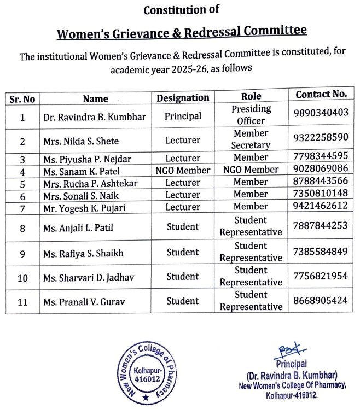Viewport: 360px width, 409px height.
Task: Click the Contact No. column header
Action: click(321, 94)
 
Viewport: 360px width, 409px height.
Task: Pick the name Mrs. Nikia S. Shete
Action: click(80, 141)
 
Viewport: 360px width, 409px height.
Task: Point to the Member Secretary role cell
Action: click(251, 139)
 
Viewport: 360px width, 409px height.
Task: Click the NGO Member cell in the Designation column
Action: click(183, 171)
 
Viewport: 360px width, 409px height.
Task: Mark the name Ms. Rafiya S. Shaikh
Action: click(83, 253)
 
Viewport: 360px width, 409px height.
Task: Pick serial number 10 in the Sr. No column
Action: click(22, 278)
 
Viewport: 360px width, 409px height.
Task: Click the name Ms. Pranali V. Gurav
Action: click(83, 301)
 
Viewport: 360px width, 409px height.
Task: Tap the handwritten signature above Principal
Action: click(289, 350)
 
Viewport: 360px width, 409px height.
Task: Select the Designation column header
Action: click(183, 98)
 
